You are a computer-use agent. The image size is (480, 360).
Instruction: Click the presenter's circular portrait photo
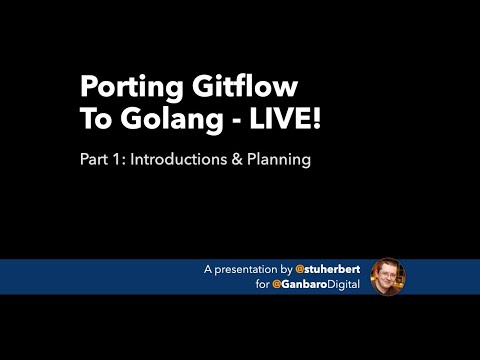[x=388, y=277]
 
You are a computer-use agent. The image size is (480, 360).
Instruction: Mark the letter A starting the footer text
[x=207, y=270]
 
